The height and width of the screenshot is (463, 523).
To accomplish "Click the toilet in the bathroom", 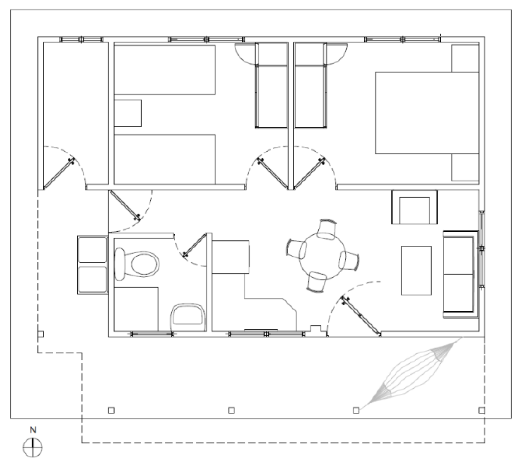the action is [x=137, y=264].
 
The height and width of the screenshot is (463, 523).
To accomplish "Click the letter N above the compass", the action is [x=33, y=430].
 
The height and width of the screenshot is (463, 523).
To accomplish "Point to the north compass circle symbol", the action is [x=33, y=448].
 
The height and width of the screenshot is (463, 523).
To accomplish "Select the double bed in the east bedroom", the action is [x=427, y=113].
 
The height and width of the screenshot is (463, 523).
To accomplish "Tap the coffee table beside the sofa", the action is [x=416, y=270].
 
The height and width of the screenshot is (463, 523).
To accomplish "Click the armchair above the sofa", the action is [x=414, y=207].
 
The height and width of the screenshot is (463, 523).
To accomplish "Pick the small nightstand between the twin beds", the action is [x=128, y=113].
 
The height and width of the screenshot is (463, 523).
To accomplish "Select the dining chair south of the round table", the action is [x=317, y=282].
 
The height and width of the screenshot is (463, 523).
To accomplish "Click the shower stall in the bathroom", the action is [x=136, y=309].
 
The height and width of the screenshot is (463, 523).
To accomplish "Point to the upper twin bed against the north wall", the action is [x=164, y=70].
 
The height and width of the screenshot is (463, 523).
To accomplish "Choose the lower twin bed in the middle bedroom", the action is [x=164, y=159].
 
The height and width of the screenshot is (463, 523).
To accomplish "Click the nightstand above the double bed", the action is [x=465, y=59].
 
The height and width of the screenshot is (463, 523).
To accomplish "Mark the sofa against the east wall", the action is [x=461, y=274].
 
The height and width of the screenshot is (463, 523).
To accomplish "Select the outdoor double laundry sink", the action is [x=93, y=265].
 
